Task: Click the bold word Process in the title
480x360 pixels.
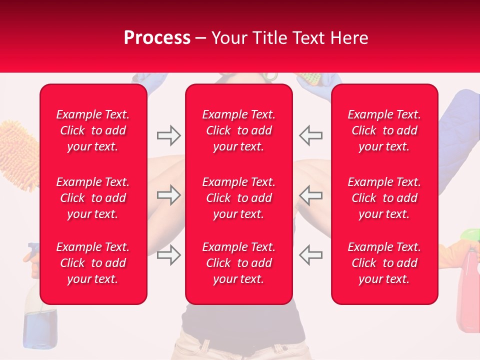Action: pyautogui.click(x=157, y=38)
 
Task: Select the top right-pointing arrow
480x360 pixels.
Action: pyautogui.click(x=168, y=135)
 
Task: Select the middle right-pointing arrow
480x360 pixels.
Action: pyautogui.click(x=168, y=195)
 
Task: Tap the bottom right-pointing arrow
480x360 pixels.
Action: pyautogui.click(x=168, y=255)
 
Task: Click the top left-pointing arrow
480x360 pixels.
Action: pyautogui.click(x=311, y=135)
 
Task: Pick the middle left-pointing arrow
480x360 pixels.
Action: pyautogui.click(x=311, y=195)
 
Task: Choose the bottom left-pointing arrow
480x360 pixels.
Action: pyautogui.click(x=311, y=255)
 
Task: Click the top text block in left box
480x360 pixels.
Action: pyautogui.click(x=93, y=130)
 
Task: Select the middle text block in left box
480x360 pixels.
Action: pyautogui.click(x=93, y=198)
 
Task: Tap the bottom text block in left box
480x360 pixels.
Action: pyautogui.click(x=93, y=263)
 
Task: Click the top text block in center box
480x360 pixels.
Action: pyautogui.click(x=239, y=130)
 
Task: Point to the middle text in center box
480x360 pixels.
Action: pyautogui.click(x=239, y=198)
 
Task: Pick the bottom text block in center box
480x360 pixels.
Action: pyautogui.click(x=239, y=263)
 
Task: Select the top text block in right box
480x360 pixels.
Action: pyautogui.click(x=384, y=130)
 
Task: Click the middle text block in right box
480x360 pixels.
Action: pyautogui.click(x=384, y=198)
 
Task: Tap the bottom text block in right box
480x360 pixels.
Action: pyautogui.click(x=384, y=263)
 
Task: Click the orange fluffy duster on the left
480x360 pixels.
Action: pyautogui.click(x=20, y=150)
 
